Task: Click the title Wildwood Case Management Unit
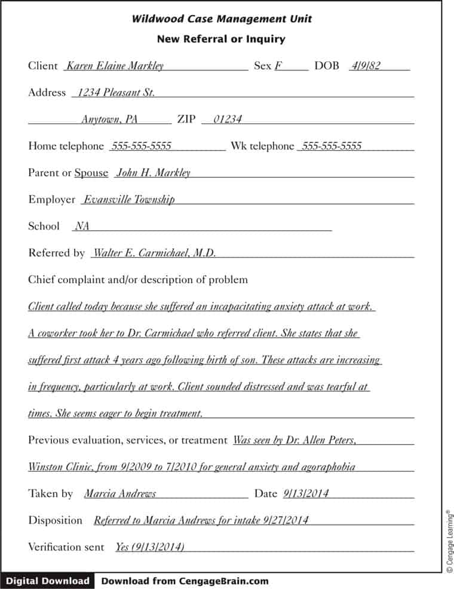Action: (x=222, y=19)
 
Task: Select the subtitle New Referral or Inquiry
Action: (x=221, y=39)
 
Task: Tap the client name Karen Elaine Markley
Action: (x=115, y=66)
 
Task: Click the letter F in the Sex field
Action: (x=278, y=66)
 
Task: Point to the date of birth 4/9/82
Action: (x=366, y=66)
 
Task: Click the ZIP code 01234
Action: (x=228, y=120)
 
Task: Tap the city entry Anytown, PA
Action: (x=109, y=120)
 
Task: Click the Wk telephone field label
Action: (x=262, y=146)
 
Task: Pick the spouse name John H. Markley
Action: (x=154, y=173)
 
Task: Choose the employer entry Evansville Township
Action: (x=129, y=200)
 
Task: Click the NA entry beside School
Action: (x=82, y=227)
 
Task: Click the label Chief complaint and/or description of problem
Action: (x=138, y=280)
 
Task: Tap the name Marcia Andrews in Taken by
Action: (x=120, y=494)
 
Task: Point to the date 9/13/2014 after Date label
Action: (x=306, y=494)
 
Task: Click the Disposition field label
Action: (x=55, y=520)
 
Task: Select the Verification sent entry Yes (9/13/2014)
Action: (x=150, y=547)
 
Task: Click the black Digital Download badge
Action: (x=48, y=581)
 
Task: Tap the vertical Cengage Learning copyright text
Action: (x=449, y=541)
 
